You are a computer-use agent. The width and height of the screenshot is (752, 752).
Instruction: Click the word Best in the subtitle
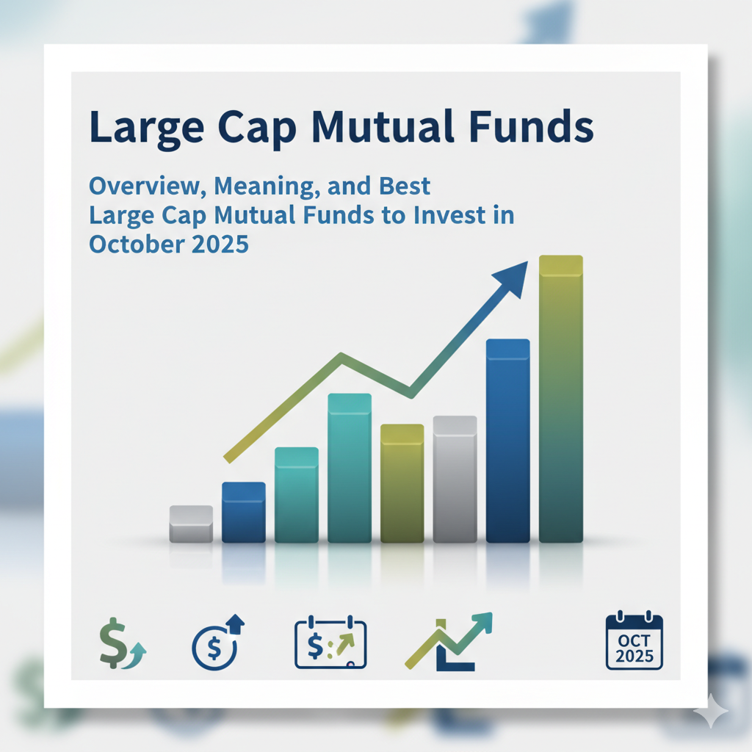click(x=405, y=186)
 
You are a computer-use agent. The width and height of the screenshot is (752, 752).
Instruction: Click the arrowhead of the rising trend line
click(x=512, y=278)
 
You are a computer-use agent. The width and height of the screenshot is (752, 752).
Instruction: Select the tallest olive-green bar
click(x=560, y=399)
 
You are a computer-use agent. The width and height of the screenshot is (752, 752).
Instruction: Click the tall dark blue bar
click(x=508, y=441)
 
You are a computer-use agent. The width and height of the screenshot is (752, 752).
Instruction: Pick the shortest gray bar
click(x=191, y=524)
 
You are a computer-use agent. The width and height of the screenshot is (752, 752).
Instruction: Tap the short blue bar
click(x=244, y=512)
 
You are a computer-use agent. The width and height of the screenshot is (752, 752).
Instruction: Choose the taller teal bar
click(x=349, y=468)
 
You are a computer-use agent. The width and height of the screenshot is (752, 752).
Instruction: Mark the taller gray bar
click(x=455, y=479)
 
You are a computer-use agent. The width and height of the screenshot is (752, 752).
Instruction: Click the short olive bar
click(x=402, y=483)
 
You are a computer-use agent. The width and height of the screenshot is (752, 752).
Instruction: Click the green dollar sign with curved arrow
click(x=122, y=643)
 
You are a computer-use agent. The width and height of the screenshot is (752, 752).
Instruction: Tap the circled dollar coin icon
click(x=217, y=642)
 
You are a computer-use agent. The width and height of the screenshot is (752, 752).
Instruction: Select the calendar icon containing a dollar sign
click(x=330, y=642)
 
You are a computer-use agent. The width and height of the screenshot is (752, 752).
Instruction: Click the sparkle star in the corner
click(x=711, y=711)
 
